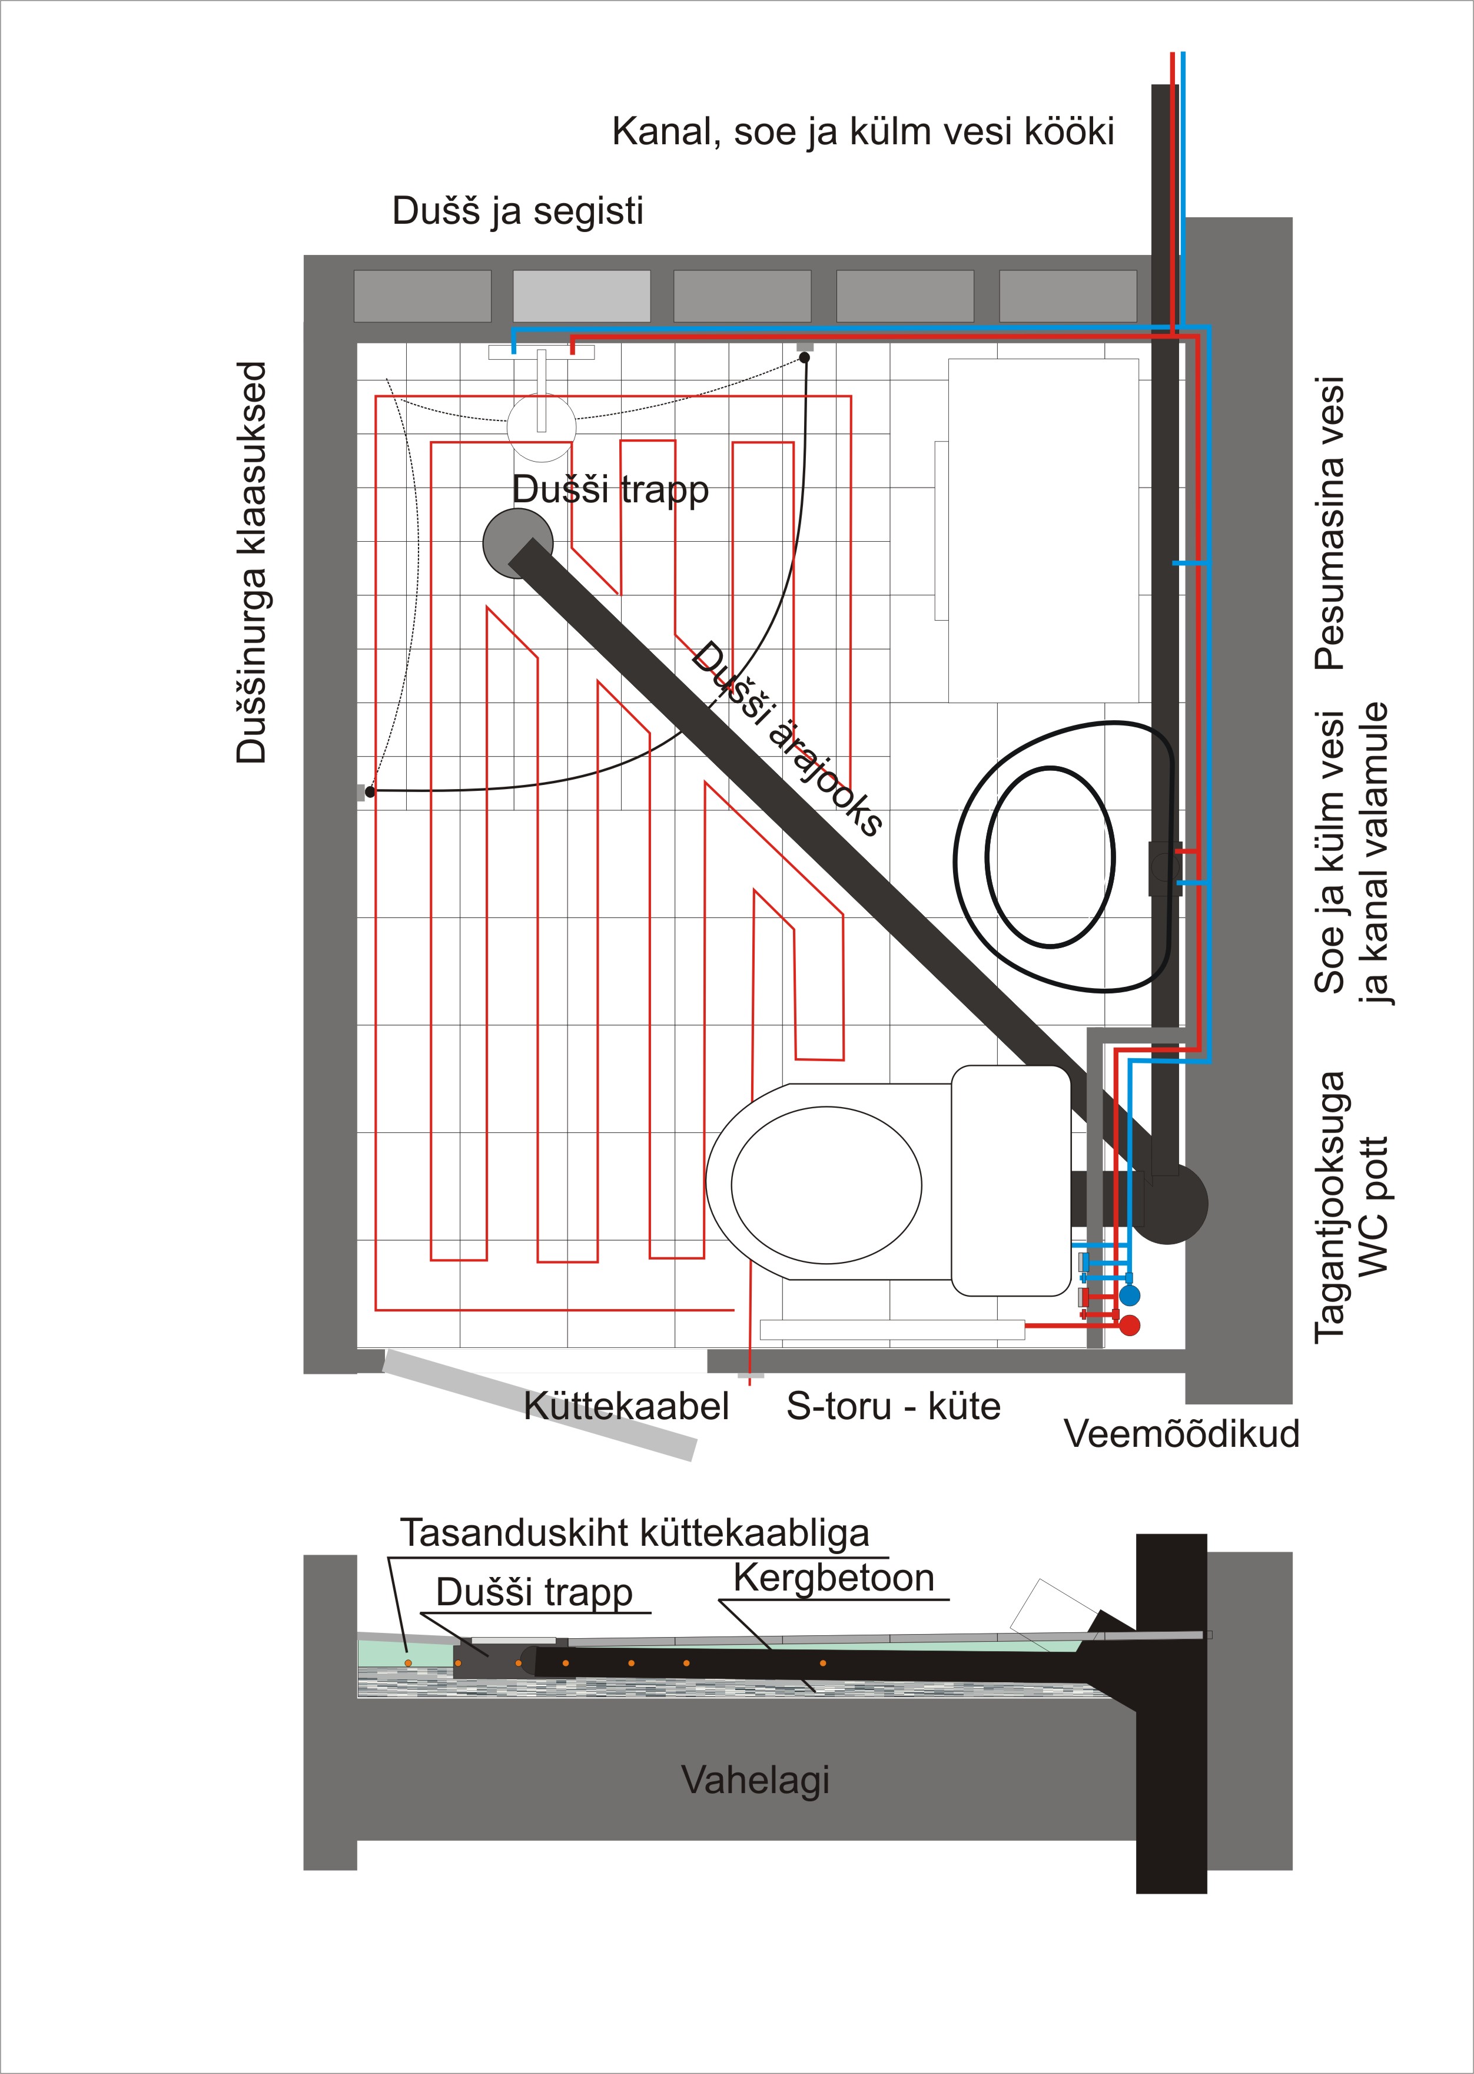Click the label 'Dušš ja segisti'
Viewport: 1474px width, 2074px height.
click(517, 211)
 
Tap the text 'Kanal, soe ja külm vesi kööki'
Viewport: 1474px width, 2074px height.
click(862, 132)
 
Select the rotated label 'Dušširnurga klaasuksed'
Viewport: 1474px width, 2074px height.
click(251, 562)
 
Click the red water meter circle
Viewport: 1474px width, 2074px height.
click(1129, 1326)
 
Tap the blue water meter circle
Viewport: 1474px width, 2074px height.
click(1129, 1296)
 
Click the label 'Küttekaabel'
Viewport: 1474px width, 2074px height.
click(626, 1406)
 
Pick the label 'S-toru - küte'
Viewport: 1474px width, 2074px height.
click(893, 1406)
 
